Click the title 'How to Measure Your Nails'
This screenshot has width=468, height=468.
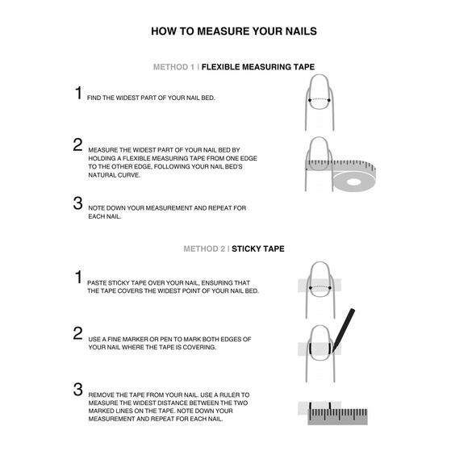(x=234, y=31)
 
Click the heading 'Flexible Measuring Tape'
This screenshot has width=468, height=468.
(x=258, y=67)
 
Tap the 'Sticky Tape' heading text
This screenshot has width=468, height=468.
(x=258, y=249)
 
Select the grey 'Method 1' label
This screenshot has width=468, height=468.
(x=173, y=67)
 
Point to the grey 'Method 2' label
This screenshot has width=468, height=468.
(x=204, y=249)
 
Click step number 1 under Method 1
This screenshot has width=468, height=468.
(x=78, y=93)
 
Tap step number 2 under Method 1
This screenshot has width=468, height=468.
(x=78, y=144)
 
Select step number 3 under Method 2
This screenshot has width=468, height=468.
(x=78, y=389)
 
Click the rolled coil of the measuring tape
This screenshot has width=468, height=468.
(x=354, y=181)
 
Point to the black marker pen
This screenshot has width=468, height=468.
(x=344, y=329)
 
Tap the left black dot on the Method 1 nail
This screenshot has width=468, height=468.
(x=310, y=100)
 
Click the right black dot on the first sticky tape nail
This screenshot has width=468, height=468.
(x=330, y=288)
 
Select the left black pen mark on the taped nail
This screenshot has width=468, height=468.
(x=311, y=349)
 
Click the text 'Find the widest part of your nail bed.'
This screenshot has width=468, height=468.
(x=151, y=98)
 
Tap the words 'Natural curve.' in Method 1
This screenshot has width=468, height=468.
(x=115, y=175)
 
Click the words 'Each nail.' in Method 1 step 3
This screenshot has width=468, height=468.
(x=105, y=216)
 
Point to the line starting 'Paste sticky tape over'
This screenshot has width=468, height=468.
(x=169, y=282)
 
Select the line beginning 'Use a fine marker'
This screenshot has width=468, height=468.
(x=169, y=339)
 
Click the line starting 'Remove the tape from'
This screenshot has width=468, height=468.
(x=169, y=395)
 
